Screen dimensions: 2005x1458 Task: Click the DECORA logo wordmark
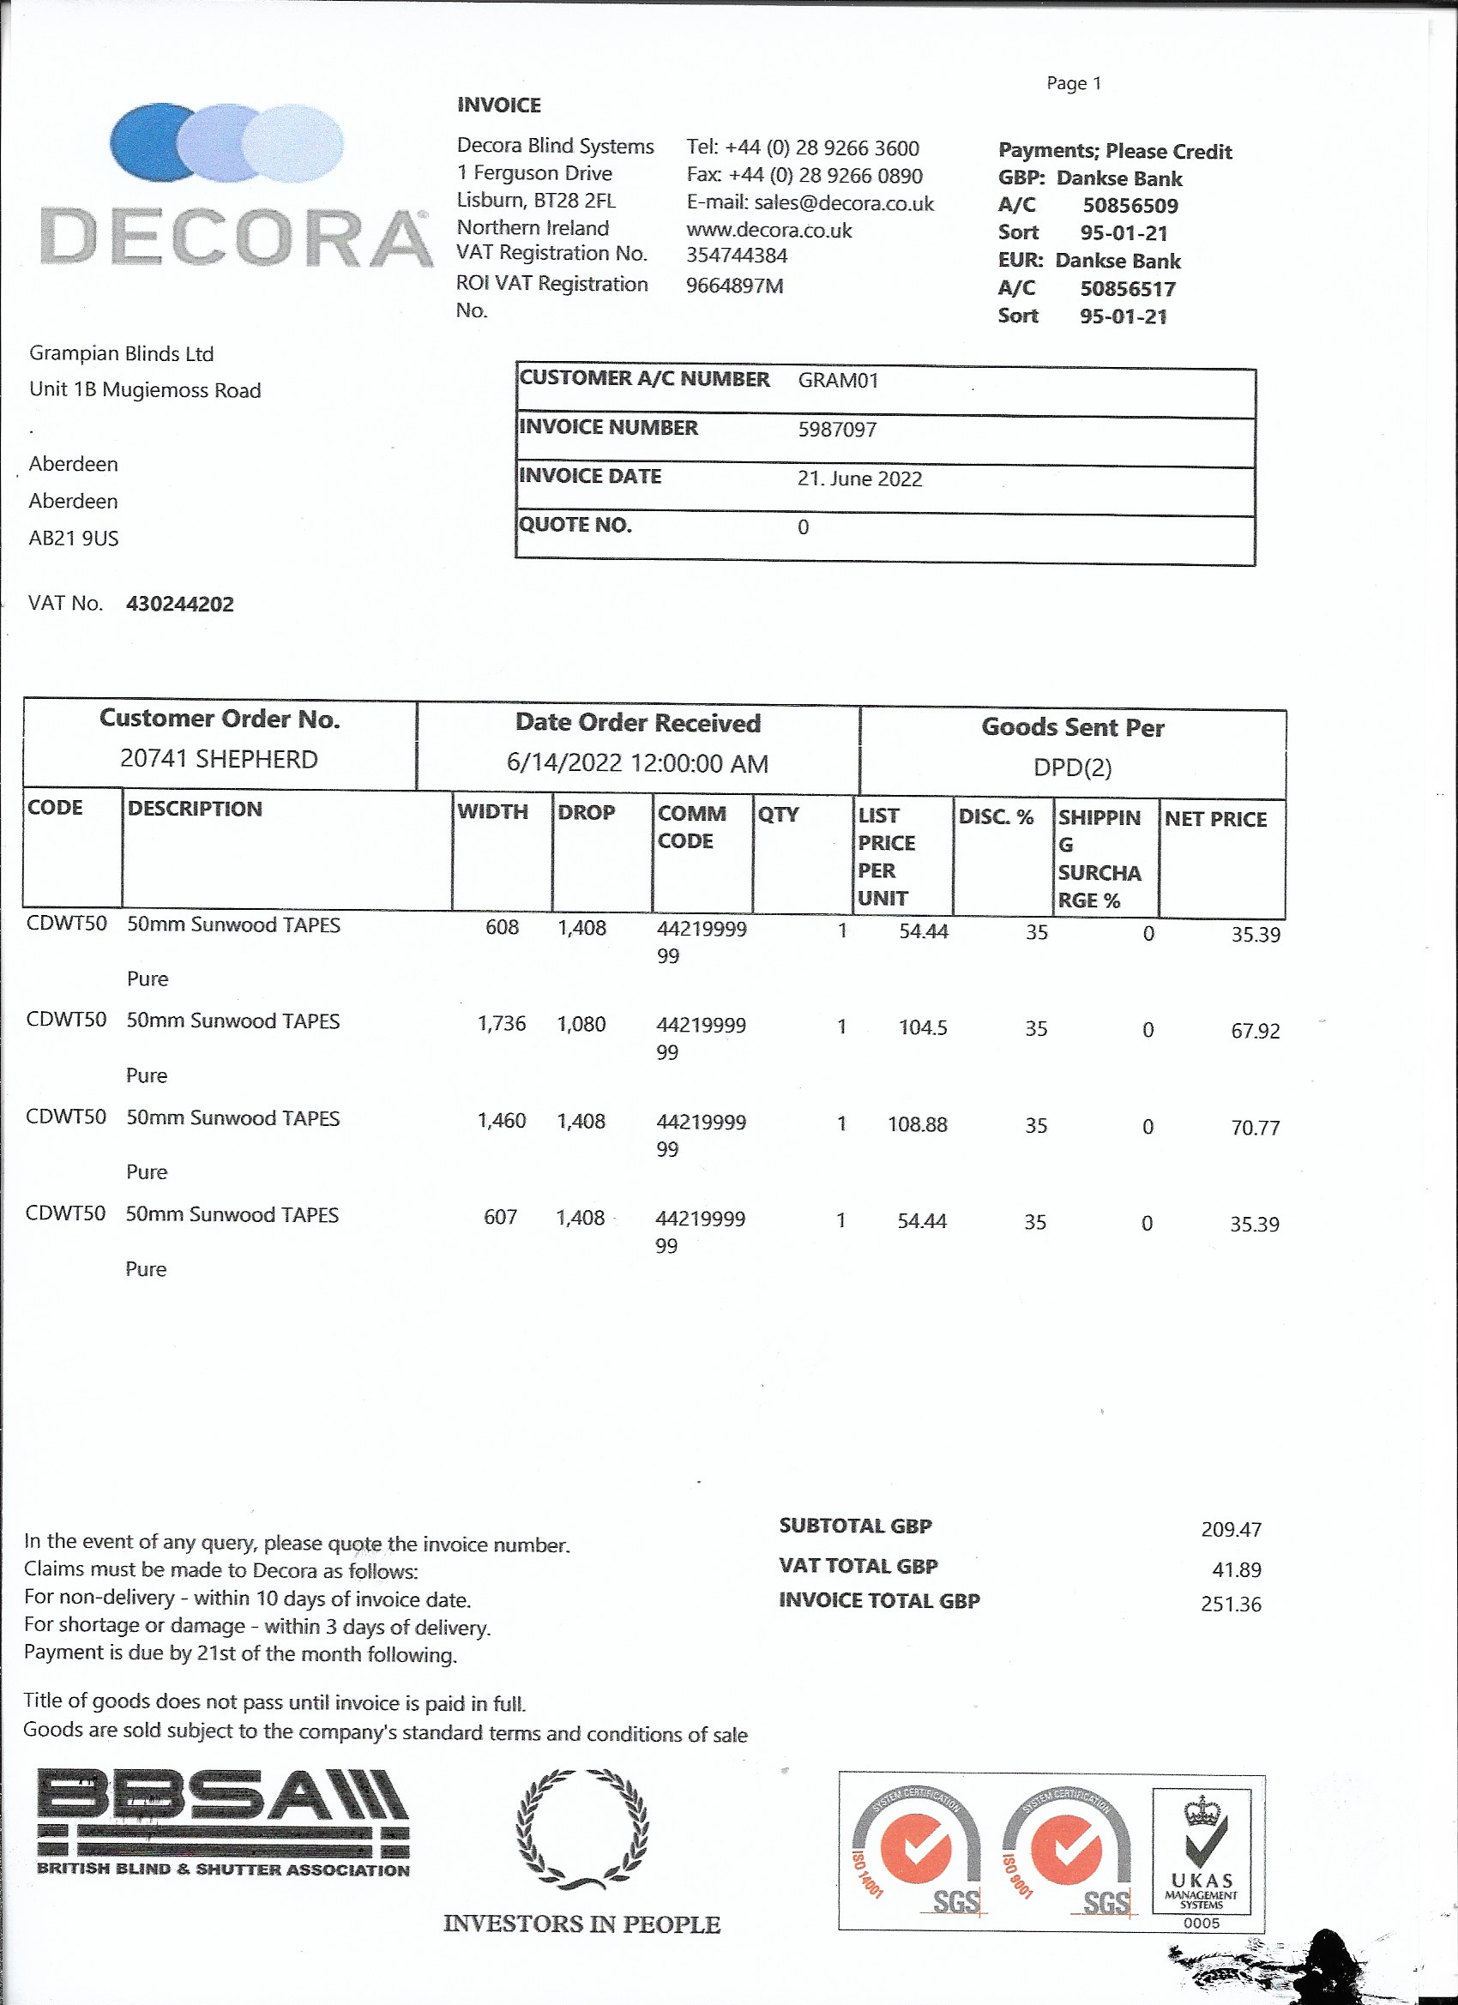(236, 237)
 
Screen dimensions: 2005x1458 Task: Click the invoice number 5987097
(836, 430)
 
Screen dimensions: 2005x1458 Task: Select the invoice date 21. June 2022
(859, 479)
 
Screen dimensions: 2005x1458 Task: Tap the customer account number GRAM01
(837, 381)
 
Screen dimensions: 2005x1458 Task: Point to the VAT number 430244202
(179, 605)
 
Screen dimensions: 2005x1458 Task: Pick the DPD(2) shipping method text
(1071, 768)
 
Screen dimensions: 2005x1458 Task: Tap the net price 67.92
(1255, 1031)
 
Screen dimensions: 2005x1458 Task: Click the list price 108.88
(917, 1124)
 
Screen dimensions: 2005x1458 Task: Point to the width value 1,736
(502, 1024)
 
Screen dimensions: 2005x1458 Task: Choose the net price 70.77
(1255, 1128)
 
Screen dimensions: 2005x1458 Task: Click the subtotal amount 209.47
(1231, 1529)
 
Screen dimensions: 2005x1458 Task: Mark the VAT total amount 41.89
(1236, 1570)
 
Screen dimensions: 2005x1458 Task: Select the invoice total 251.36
(1231, 1605)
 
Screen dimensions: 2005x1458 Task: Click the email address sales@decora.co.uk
(844, 203)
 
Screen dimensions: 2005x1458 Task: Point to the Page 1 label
(1074, 84)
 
